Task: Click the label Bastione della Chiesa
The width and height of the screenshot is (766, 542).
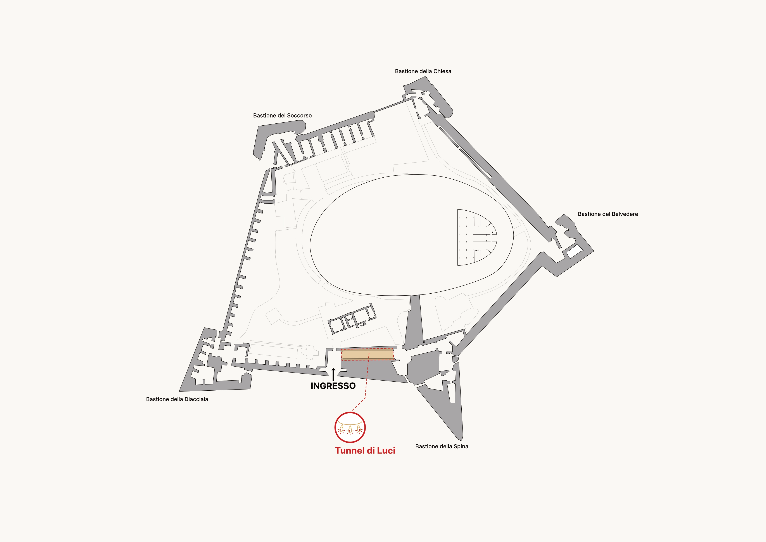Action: point(423,71)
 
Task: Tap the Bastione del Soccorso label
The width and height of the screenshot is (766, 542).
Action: point(282,116)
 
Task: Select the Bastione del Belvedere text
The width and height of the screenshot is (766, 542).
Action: point(608,214)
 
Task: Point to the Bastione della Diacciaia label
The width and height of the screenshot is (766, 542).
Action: point(177,399)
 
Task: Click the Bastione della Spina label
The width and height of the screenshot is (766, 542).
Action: point(442,446)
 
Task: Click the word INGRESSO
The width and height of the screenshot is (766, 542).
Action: point(333,386)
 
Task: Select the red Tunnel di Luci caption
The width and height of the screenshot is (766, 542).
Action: point(365,450)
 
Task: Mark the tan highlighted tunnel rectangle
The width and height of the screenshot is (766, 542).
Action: point(367,354)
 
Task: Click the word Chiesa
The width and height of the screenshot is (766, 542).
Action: point(442,71)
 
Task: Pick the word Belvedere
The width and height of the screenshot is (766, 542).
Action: point(624,214)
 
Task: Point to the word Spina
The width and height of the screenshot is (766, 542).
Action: point(461,447)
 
